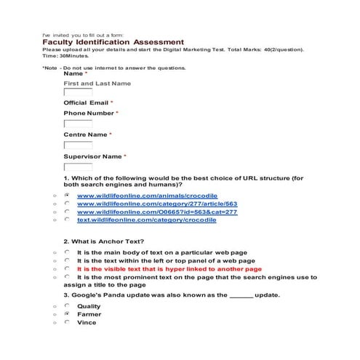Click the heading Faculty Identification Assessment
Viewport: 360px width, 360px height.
pos(113,42)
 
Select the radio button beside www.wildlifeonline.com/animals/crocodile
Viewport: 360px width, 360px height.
pos(66,196)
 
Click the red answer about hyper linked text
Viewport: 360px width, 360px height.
pos(169,268)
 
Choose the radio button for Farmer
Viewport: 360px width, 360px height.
pos(66,314)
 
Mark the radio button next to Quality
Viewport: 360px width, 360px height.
pos(66,306)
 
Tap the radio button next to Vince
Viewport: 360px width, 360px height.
pos(66,322)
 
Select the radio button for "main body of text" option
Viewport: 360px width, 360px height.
pos(66,252)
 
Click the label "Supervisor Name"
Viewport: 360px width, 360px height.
pos(92,156)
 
